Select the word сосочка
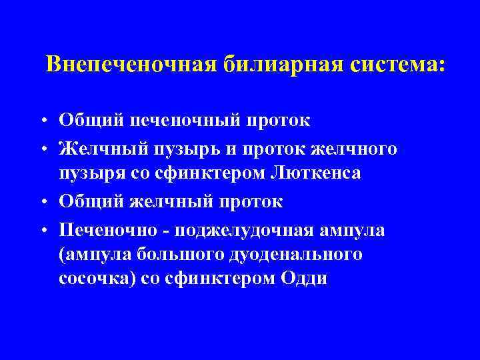coord(95,279)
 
